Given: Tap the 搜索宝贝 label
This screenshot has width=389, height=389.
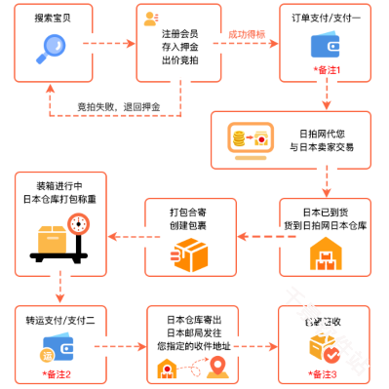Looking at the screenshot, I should [49, 17].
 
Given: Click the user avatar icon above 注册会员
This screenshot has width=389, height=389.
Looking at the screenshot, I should [150, 19].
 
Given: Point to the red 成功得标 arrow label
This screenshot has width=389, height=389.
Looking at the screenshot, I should [248, 35].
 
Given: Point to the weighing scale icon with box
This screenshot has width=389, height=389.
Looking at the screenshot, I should [58, 235].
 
